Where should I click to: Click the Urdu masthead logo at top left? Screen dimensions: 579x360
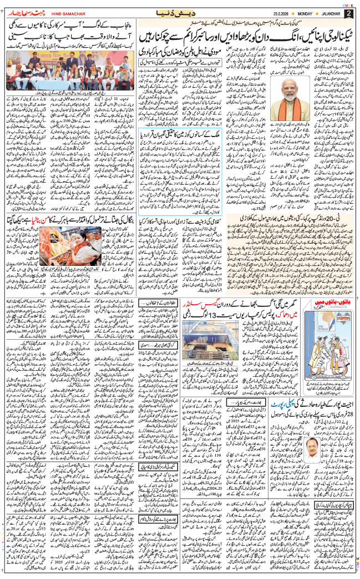coord(24,12)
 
